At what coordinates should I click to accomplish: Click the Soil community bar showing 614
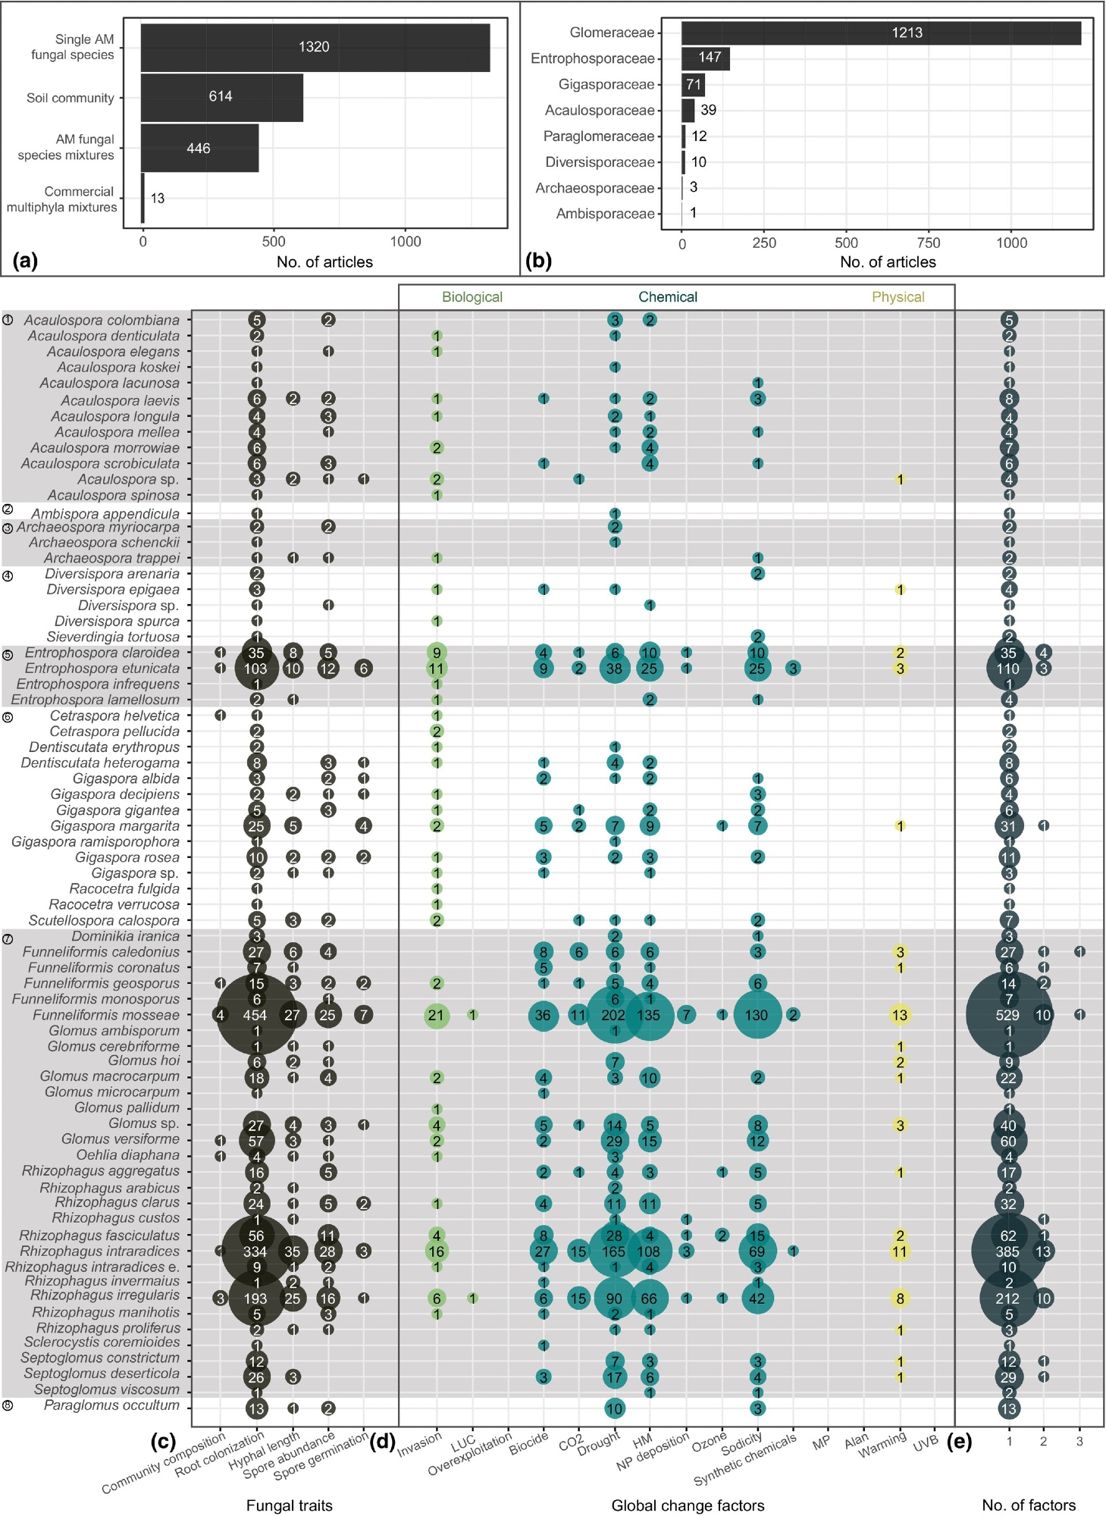(221, 97)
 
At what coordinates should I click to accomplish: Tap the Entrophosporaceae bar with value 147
(705, 58)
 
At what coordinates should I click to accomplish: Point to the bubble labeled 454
(255, 1015)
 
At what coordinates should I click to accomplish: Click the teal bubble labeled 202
(614, 1015)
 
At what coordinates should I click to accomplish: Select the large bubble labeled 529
(1008, 1015)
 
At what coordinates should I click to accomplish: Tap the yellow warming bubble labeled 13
(900, 1015)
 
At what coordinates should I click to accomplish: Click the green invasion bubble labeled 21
(436, 1015)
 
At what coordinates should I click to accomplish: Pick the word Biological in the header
(472, 297)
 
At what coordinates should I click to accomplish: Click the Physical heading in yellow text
(898, 297)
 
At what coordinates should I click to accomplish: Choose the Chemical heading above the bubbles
(667, 297)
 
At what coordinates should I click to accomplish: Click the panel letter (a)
(25, 261)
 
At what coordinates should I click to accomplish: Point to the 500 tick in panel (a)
(274, 242)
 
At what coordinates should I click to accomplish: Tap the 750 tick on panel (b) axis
(928, 243)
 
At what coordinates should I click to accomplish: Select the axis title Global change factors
(688, 1505)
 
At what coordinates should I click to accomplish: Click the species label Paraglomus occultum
(111, 1405)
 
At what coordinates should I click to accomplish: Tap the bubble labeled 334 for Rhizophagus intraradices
(255, 1251)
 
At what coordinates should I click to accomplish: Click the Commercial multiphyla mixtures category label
(62, 199)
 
